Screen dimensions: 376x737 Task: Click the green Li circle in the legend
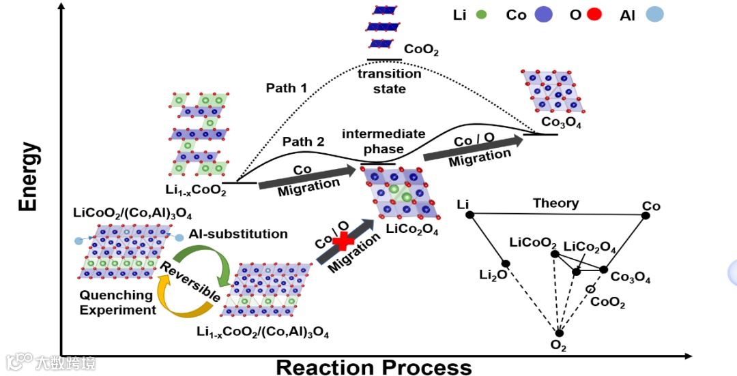[482, 14]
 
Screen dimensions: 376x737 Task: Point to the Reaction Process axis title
[373, 367]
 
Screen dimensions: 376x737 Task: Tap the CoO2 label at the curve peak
[421, 50]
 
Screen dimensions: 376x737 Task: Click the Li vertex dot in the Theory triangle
[469, 215]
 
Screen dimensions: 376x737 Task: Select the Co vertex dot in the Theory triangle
[646, 215]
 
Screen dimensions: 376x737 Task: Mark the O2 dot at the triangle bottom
[560, 332]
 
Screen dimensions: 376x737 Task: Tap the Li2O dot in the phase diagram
[506, 264]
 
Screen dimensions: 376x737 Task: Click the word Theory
[555, 203]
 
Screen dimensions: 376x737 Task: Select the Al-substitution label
[238, 234]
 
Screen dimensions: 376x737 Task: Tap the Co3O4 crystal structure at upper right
[552, 91]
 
